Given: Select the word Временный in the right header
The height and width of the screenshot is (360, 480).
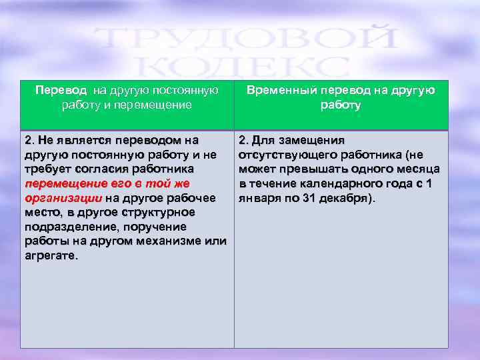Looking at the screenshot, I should [x=275, y=90].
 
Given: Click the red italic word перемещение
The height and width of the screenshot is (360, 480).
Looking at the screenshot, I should [x=56, y=183].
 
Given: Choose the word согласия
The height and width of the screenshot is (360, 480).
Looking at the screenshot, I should [x=110, y=169].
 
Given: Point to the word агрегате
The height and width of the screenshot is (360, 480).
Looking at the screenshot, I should [x=51, y=255].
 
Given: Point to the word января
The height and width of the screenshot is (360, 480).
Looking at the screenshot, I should [x=256, y=198].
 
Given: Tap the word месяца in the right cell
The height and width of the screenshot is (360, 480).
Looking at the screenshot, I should [x=418, y=169].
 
